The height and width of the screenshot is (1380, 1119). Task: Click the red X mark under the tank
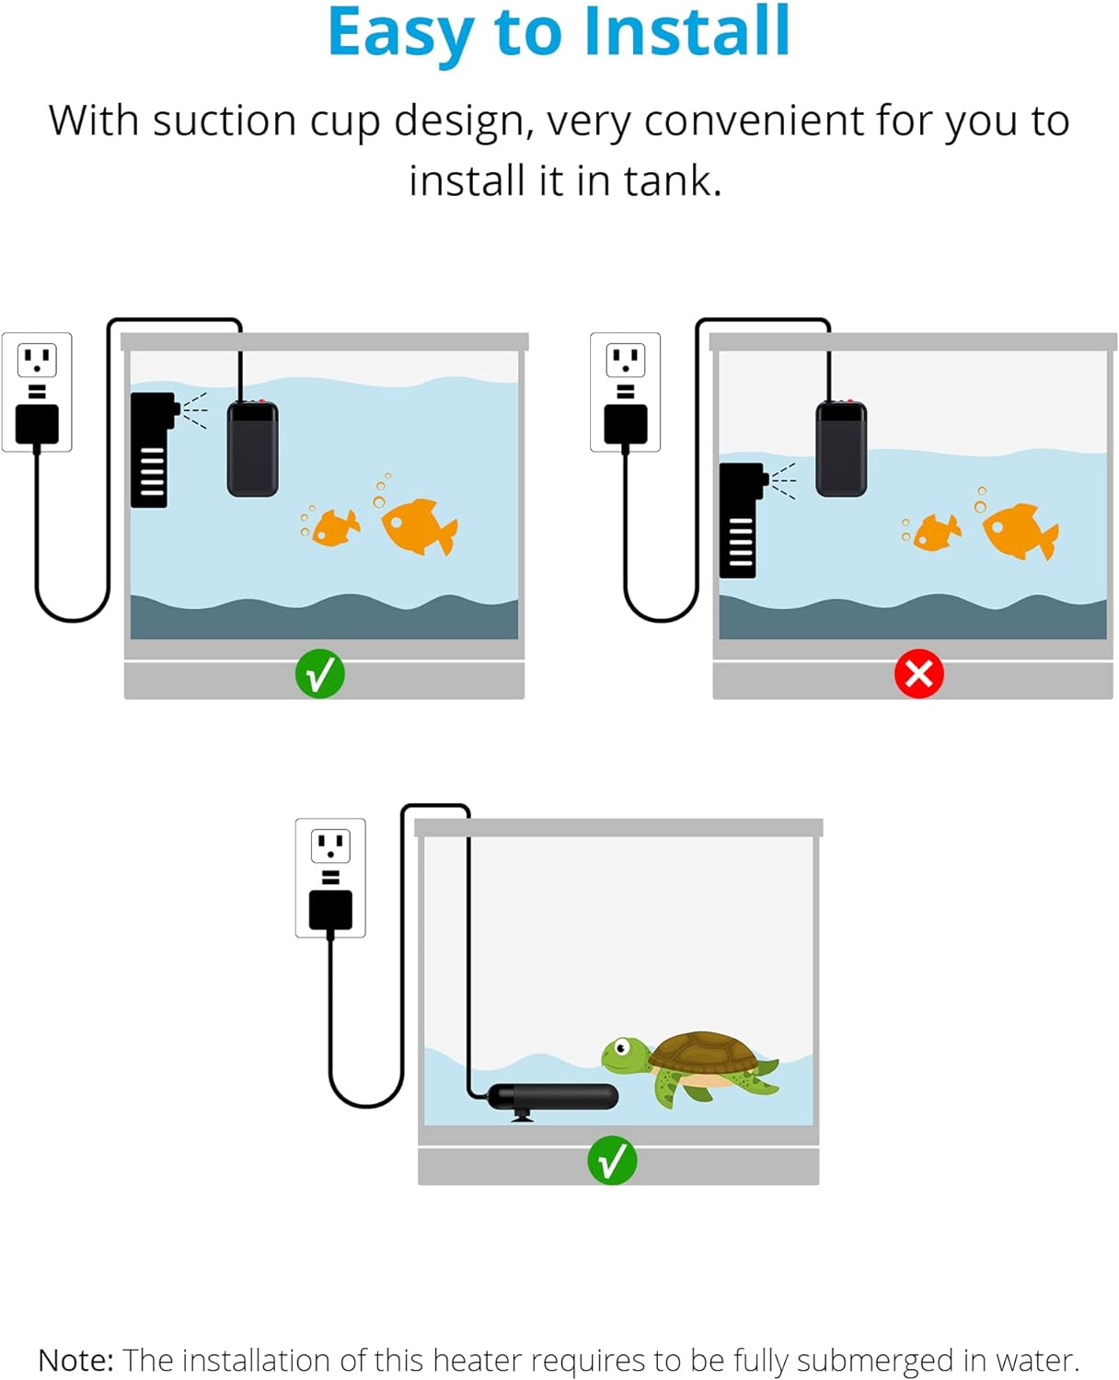(x=918, y=674)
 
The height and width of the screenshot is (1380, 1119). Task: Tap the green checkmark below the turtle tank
(x=612, y=1160)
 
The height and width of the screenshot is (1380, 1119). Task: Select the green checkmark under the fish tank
(x=319, y=674)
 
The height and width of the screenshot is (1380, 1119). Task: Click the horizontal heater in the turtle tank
(x=552, y=1097)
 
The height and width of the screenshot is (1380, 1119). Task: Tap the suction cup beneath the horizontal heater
(x=522, y=1116)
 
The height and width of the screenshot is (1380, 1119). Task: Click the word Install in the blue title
(x=686, y=33)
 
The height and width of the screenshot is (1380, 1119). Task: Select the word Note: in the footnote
(x=75, y=1360)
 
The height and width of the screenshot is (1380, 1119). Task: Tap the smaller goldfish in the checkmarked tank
(x=334, y=528)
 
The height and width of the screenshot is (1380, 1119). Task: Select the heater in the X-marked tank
(x=841, y=449)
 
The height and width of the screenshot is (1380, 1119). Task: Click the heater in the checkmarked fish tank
(x=253, y=449)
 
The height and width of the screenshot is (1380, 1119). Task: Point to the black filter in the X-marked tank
(x=739, y=521)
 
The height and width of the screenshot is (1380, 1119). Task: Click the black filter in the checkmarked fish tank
(x=151, y=450)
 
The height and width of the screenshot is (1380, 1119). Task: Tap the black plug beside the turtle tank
(x=330, y=911)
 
